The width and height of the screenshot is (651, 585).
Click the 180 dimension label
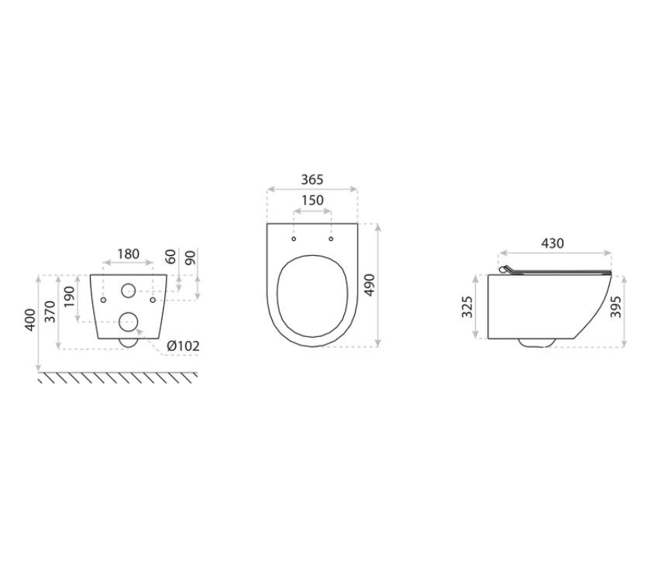point(129,253)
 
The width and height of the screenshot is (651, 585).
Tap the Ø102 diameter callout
point(183,346)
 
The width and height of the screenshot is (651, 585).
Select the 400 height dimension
point(31,320)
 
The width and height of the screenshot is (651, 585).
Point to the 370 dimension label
point(50,311)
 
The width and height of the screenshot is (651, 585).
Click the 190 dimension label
point(69,297)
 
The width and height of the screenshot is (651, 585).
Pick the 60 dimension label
point(170,256)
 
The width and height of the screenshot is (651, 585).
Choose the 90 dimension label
point(190,257)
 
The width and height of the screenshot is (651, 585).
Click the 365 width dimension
point(312,180)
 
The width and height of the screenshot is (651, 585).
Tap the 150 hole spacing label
point(312,201)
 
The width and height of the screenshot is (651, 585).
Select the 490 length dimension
point(369,285)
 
